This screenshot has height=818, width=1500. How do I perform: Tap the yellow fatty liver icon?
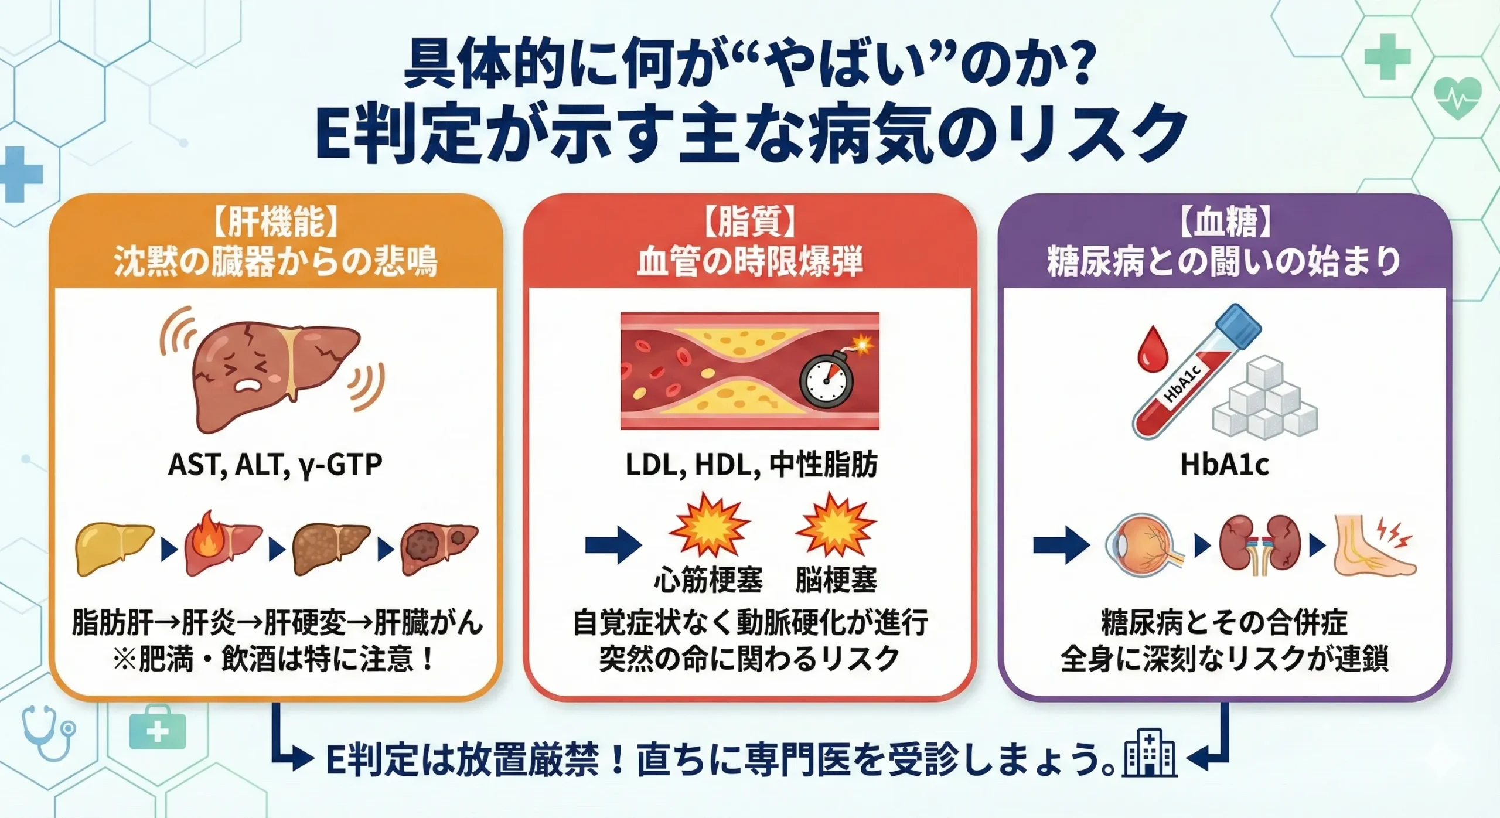point(114,548)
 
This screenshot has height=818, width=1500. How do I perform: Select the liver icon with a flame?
point(223,546)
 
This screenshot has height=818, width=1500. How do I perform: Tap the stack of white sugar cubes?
point(1265,398)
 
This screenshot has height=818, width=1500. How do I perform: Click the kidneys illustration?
point(1260,545)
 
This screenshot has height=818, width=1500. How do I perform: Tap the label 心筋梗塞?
point(708,580)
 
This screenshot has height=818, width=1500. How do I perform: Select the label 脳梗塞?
point(836,580)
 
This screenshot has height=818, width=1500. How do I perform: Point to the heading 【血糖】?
point(1224,223)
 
